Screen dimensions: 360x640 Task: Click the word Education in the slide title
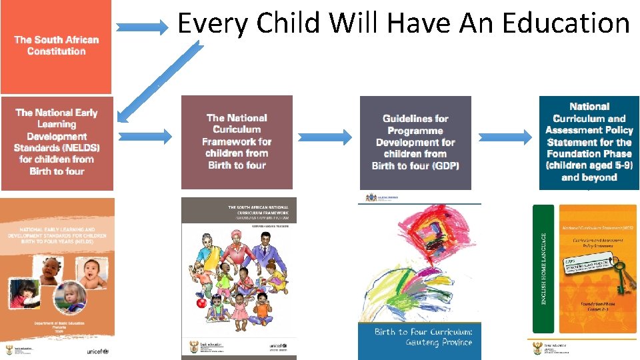click(x=565, y=23)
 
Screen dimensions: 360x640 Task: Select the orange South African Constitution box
click(x=56, y=46)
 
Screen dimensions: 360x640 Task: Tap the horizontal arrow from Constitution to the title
click(x=143, y=28)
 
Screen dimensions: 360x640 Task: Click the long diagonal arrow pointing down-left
click(x=160, y=80)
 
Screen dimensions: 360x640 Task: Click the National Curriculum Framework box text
click(x=237, y=141)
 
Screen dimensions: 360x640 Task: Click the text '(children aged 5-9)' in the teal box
click(x=589, y=165)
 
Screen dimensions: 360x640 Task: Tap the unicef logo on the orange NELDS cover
click(x=97, y=351)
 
